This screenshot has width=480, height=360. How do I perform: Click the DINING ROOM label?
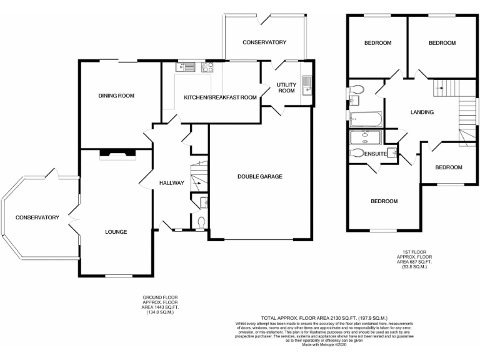(x=116, y=96)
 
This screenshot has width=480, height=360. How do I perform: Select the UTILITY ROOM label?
(x=286, y=87)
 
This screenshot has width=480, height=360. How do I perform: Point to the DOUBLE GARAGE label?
(x=259, y=177)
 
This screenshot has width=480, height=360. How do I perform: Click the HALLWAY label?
(x=171, y=183)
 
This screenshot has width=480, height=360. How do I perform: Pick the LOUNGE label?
(x=116, y=232)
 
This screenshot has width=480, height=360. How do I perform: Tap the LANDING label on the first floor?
(x=422, y=112)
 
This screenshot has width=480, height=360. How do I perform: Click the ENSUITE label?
(x=373, y=153)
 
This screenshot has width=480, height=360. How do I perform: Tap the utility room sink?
(x=306, y=84)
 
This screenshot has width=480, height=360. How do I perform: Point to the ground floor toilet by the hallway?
(x=201, y=221)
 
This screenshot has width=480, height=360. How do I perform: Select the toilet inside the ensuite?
(x=357, y=152)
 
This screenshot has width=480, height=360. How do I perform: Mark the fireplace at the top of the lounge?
(x=117, y=154)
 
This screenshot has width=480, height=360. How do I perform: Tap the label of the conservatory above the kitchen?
(x=264, y=42)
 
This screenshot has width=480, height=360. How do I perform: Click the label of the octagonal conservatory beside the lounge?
(x=37, y=217)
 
